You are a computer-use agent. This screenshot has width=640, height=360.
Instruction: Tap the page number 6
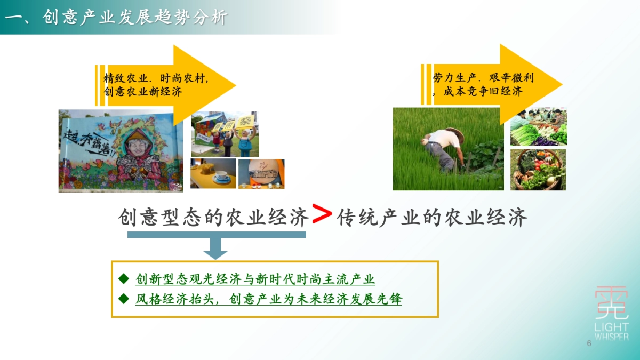pos(589,343)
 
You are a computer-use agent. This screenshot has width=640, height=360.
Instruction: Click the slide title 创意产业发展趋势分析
pos(116,18)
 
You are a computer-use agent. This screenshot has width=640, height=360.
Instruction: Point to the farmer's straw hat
pos(454,135)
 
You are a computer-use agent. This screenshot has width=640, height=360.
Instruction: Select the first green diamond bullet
pos(124,278)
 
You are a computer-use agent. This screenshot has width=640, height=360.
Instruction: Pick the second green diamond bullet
pos(124,298)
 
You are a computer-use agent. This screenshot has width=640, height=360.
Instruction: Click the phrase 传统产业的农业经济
pos(432,218)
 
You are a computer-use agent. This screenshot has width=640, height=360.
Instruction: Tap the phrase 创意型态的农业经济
pos(213,218)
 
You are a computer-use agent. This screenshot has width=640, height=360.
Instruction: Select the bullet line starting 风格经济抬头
pos(268,299)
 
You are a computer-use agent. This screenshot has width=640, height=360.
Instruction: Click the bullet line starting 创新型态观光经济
pos(255,279)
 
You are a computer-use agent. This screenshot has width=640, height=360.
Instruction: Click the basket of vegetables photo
pos(538,170)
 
